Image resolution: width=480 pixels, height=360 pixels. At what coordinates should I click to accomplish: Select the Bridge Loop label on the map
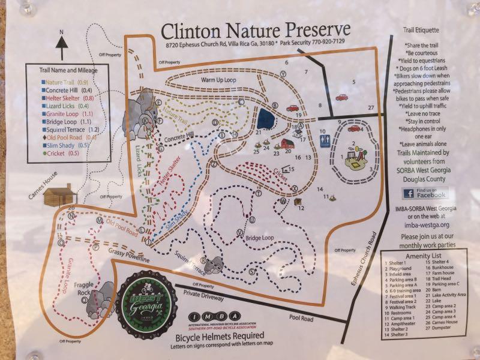click(259, 238)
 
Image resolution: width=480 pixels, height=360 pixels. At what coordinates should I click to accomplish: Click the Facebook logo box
click(425, 193)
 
